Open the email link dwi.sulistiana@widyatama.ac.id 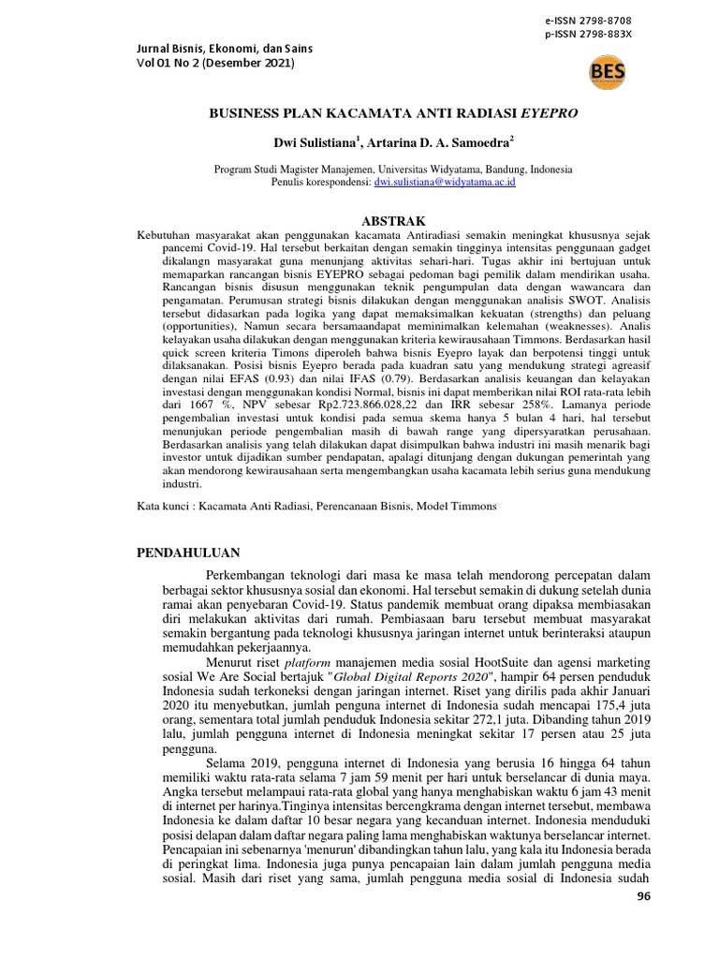444,182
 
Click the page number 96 641,897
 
